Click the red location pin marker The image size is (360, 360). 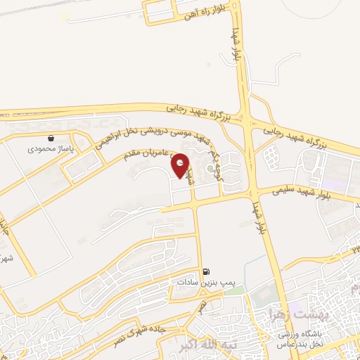pos(181,165)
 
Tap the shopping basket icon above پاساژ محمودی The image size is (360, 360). pos(51,138)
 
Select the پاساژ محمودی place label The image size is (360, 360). pos(46,149)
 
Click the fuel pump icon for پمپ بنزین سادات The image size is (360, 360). pos(205,271)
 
